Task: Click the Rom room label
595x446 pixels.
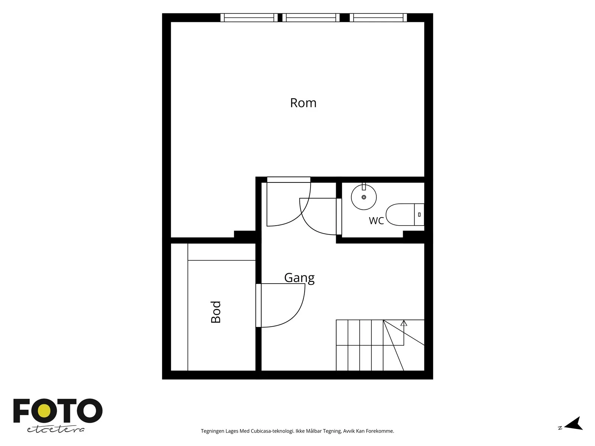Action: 303,103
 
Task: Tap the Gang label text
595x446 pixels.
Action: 299,278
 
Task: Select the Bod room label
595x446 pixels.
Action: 216,312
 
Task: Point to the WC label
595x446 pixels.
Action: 376,221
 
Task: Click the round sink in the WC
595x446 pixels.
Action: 364,197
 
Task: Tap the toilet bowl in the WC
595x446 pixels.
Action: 400,214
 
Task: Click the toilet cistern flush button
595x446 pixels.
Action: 419,214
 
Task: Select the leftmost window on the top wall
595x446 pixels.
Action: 249,17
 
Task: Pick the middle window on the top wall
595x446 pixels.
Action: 311,17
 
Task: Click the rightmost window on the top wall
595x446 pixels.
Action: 378,17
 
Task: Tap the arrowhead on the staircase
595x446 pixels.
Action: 403,323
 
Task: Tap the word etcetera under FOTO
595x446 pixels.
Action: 55,429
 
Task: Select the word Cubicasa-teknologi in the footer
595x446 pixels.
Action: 272,431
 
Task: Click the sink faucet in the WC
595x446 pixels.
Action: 364,187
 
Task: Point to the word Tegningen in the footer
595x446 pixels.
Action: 212,431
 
